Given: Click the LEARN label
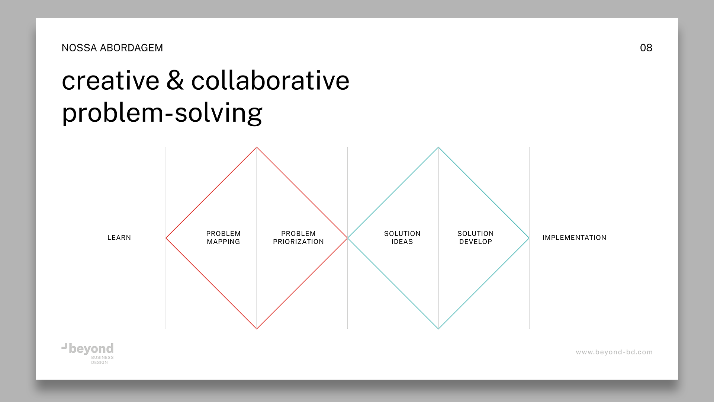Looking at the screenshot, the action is tap(119, 237).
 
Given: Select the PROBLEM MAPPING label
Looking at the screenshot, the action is tap(223, 237).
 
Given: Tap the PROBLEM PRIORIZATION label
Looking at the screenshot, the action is tap(298, 237).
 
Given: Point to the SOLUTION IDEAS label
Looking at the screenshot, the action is tap(402, 237).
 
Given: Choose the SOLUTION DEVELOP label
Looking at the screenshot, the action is tap(476, 237).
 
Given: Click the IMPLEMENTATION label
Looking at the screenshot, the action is tap(574, 237).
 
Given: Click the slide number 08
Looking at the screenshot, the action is tap(646, 48).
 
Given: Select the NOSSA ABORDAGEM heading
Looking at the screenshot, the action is tap(112, 48).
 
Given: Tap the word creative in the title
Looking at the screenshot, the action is tap(110, 81).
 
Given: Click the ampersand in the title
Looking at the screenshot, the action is tap(175, 80).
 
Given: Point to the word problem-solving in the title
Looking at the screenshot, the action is tap(162, 113).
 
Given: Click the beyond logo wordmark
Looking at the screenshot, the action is tap(91, 349).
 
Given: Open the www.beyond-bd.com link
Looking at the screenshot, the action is tap(614, 352).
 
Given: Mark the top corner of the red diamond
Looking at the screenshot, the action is tap(257, 147).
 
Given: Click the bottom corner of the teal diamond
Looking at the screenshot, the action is tap(438, 329).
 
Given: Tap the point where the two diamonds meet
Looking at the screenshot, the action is tap(347, 238).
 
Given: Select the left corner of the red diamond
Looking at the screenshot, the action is tap(166, 238).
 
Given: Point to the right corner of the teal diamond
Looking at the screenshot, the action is tap(529, 238).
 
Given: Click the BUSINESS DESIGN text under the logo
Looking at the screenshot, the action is tap(102, 360).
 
